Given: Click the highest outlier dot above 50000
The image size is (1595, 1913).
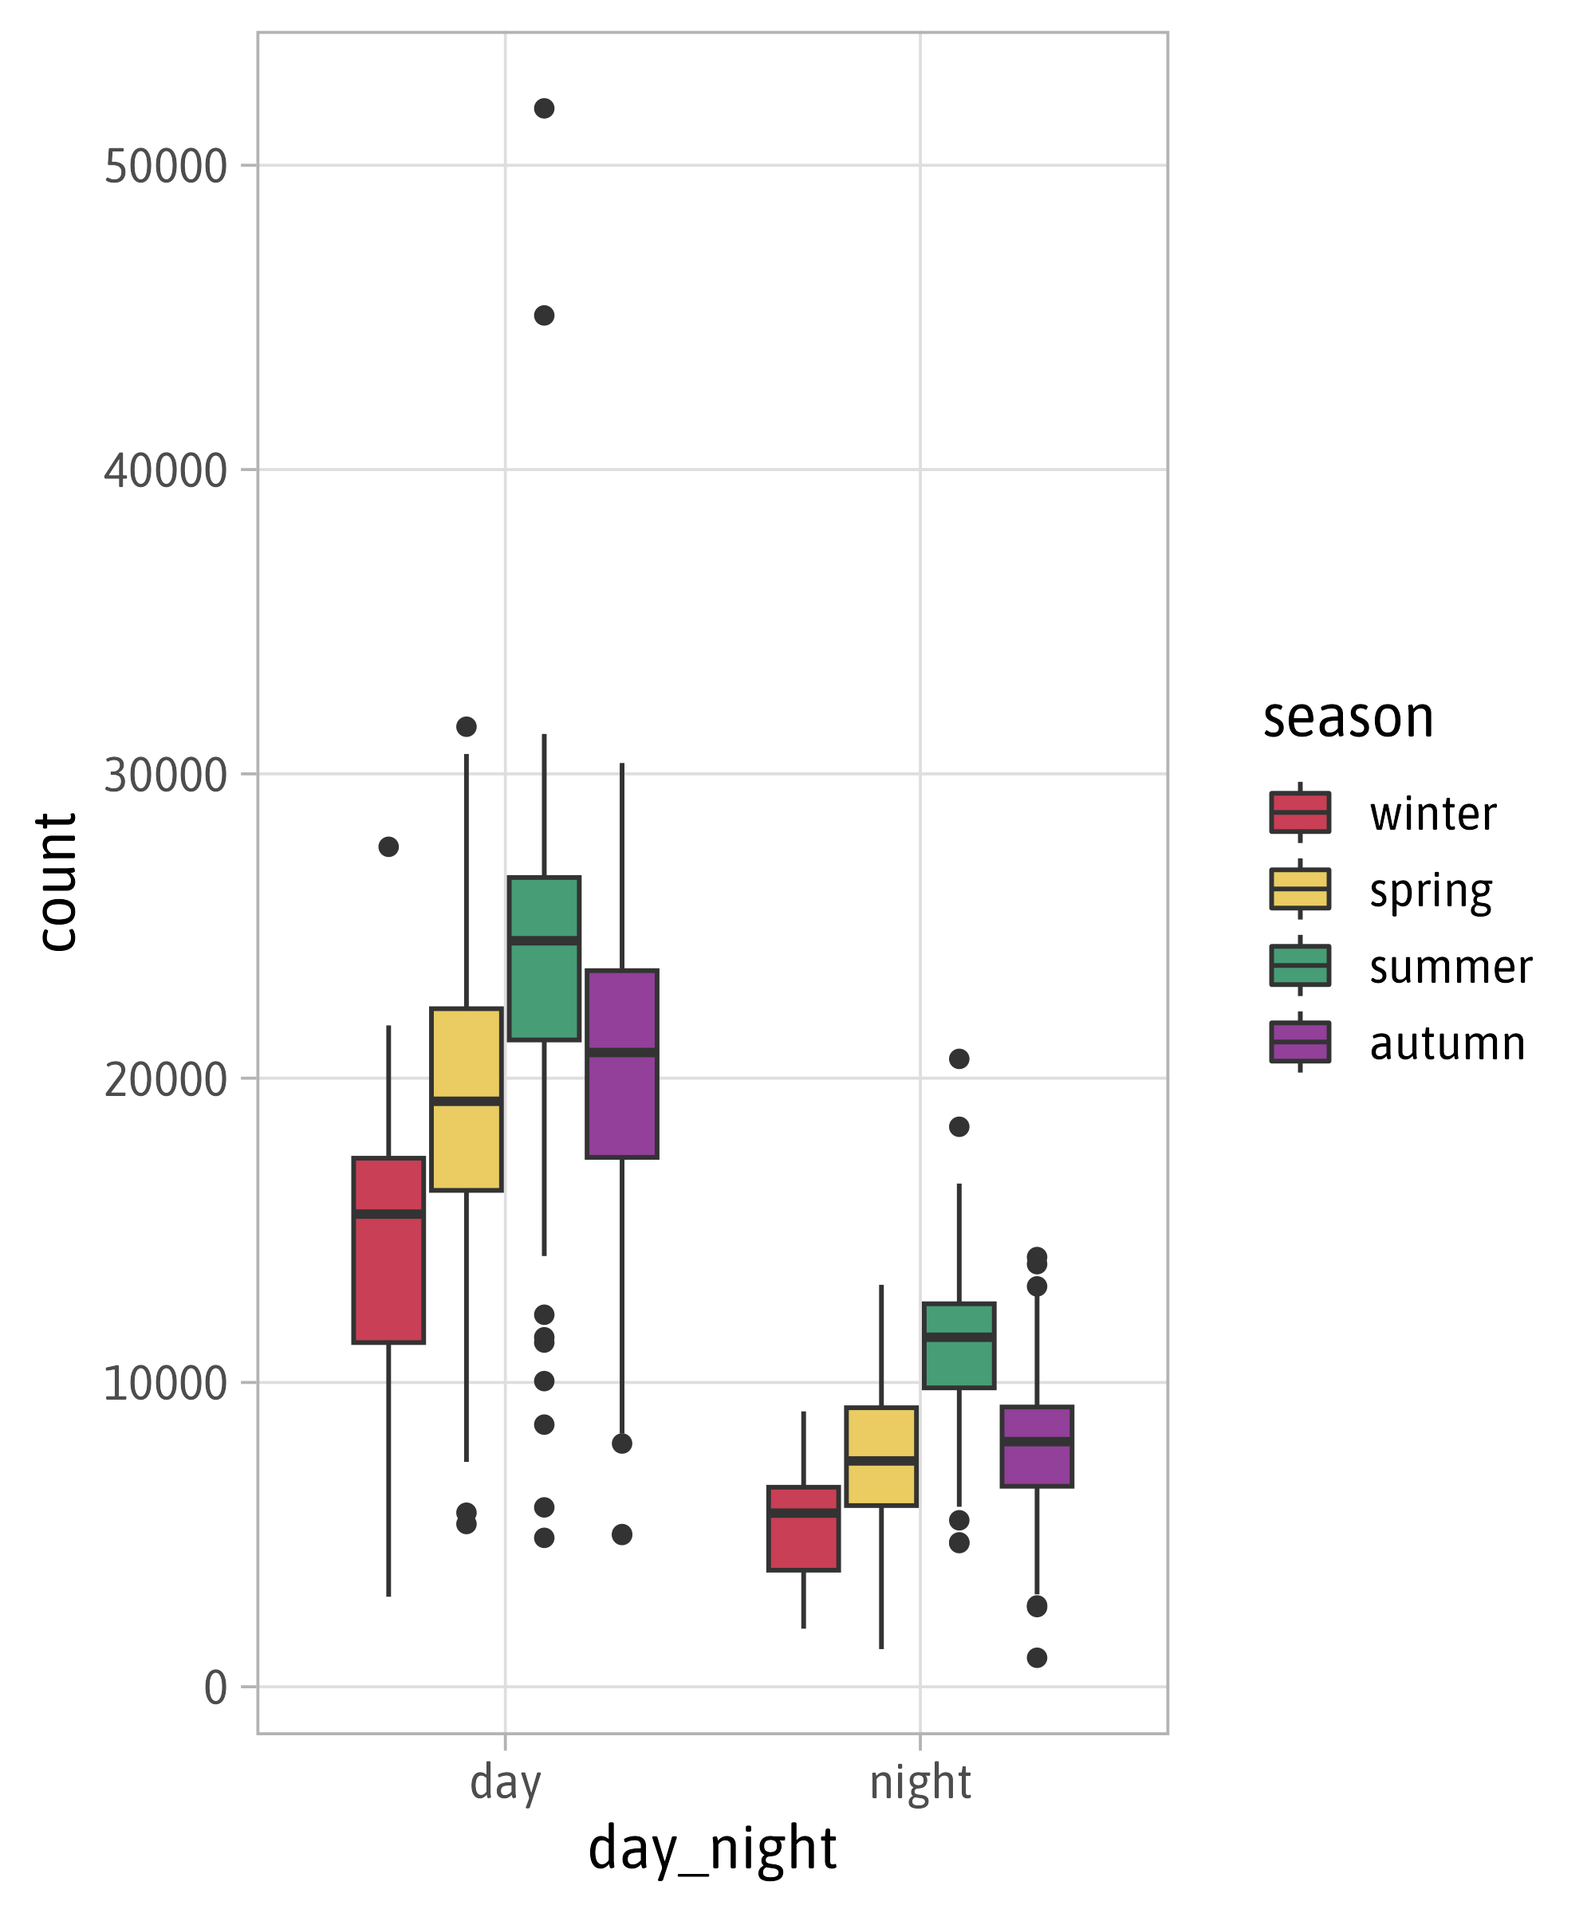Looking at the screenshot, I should click(544, 108).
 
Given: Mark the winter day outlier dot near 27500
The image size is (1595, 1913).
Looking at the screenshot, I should click(389, 847).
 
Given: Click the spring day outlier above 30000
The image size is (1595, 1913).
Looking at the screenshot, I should click(467, 727).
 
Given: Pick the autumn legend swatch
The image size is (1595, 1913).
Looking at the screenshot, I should click(1301, 1042).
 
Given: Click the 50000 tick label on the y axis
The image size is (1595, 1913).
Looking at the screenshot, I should click(165, 167).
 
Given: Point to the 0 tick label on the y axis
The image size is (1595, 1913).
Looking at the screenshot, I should click(215, 1688).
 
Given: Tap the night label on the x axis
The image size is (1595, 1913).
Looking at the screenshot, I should click(920, 1783).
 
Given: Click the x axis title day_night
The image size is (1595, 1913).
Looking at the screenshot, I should click(713, 1848).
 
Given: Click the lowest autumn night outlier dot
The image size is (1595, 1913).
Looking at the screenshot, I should click(1038, 1658).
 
